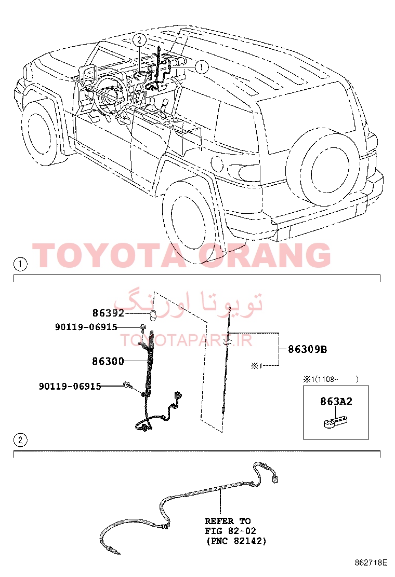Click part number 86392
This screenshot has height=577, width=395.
coord(108,313)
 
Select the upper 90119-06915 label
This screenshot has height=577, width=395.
coord(86,327)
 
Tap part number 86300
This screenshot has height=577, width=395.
coord(108,361)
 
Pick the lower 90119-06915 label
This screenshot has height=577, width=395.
coord(70,386)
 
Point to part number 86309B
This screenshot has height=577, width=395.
coord(307,349)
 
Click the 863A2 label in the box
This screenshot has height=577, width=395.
coord(336,401)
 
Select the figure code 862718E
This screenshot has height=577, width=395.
coord(371,562)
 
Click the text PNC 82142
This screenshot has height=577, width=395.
coord(235,541)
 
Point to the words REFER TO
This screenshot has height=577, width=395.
coord(228,521)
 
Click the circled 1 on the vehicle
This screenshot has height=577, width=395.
coord(202,67)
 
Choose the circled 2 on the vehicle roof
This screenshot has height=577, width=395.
coord(139,39)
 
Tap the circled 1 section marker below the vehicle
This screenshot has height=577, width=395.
coord(20,264)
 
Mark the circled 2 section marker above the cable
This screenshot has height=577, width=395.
coord(20,440)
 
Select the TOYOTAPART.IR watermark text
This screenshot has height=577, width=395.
coord(186,340)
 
